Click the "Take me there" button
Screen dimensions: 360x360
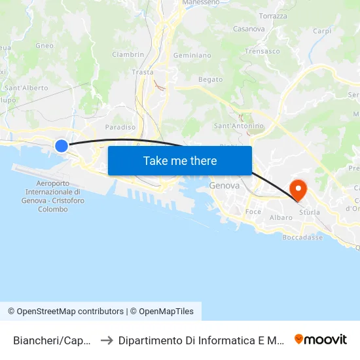(x=180, y=161)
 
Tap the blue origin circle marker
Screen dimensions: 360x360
(x=61, y=145)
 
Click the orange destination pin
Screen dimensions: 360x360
(x=298, y=190)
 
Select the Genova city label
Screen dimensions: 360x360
(x=225, y=186)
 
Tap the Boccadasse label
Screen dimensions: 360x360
(x=302, y=238)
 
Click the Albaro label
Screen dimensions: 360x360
(x=281, y=217)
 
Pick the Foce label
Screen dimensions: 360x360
(x=253, y=212)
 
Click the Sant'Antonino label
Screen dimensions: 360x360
(x=239, y=126)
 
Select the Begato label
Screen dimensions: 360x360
(x=210, y=79)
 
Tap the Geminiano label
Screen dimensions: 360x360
(x=192, y=56)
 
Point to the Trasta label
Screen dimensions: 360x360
(x=143, y=72)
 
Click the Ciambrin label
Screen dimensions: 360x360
(x=128, y=54)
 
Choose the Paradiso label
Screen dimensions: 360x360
(x=120, y=127)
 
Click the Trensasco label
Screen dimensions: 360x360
(x=262, y=50)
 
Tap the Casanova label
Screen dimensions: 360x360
(x=249, y=29)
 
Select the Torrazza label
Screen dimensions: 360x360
(x=273, y=16)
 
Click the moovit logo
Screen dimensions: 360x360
(x=321, y=339)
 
